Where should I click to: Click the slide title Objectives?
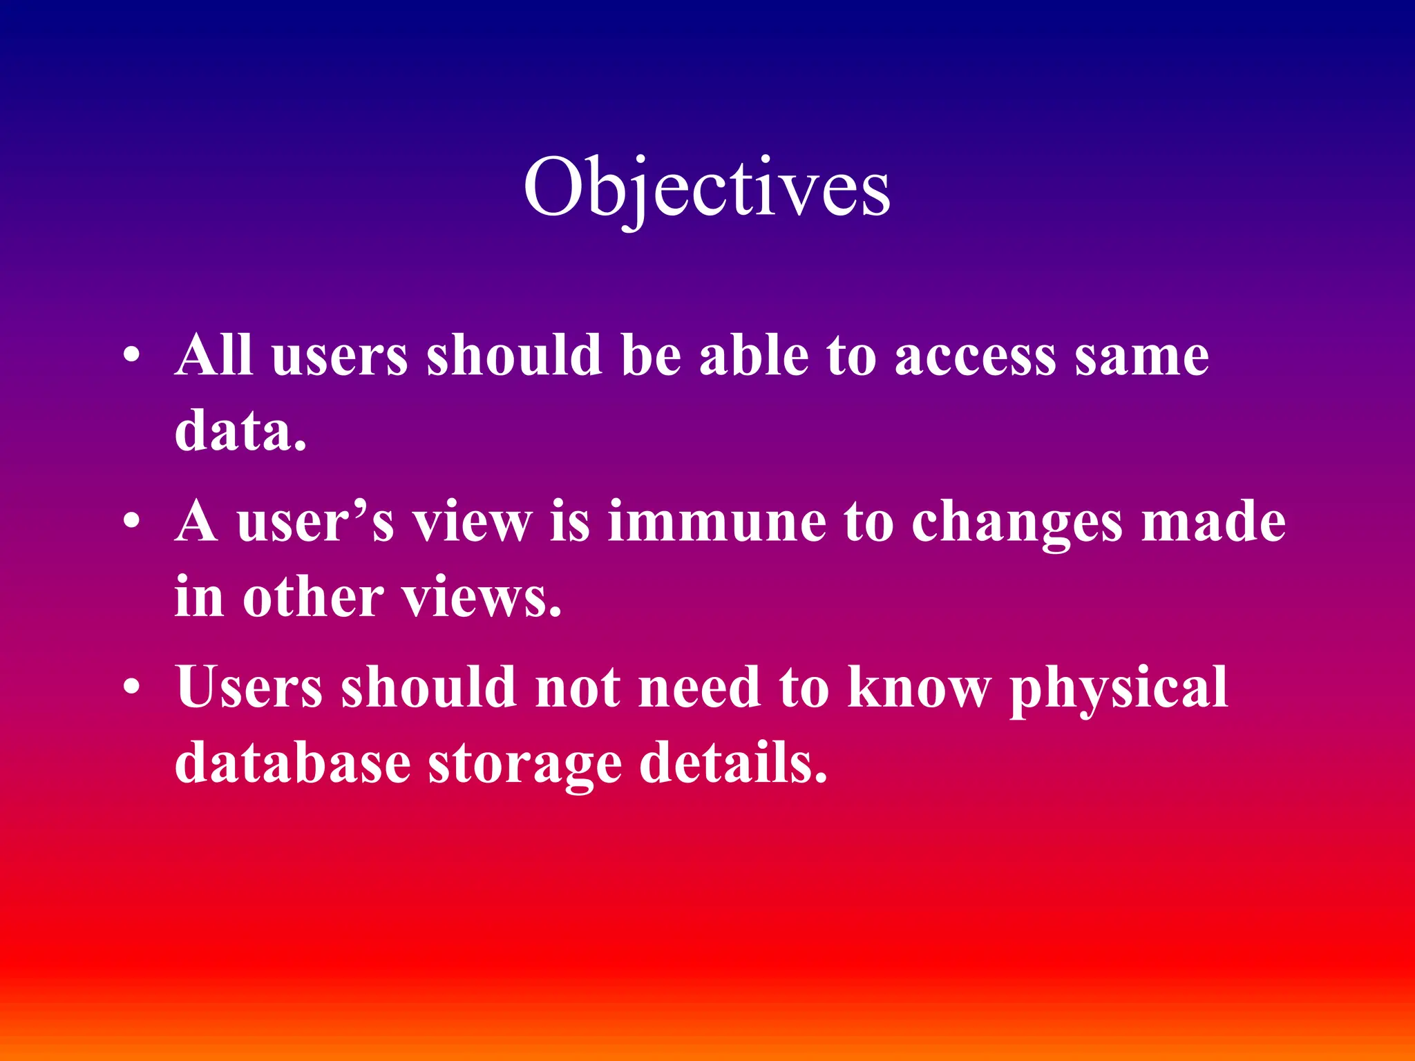[706, 188]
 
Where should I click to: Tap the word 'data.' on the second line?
[240, 431]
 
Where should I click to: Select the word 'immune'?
[716, 522]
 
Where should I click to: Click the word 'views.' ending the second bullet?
[482, 598]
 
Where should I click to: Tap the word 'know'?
[919, 687]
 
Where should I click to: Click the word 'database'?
[293, 763]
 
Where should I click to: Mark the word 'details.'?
[733, 763]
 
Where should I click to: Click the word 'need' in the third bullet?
[699, 687]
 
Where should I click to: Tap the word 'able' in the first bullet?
[754, 355]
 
